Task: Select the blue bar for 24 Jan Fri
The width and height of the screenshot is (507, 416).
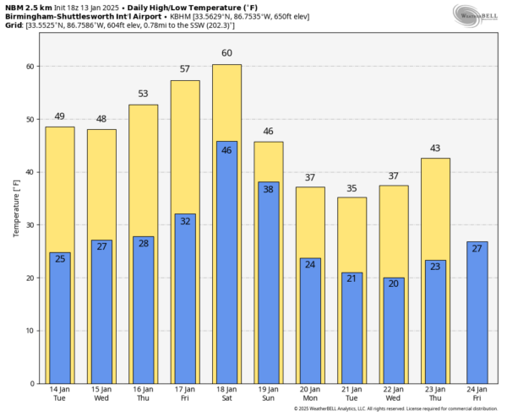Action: point(477,312)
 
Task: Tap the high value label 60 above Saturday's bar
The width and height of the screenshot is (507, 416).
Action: point(226,54)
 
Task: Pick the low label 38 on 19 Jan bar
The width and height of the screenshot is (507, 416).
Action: point(268,189)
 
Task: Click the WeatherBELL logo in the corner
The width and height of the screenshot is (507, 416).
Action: point(477,15)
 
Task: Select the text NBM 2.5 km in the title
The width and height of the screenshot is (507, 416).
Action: point(26,7)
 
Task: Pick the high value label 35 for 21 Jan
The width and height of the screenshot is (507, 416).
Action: point(352,186)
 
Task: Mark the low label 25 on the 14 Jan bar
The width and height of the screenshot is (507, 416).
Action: point(59,258)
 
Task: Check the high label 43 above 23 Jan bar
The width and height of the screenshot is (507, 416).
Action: point(435,148)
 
